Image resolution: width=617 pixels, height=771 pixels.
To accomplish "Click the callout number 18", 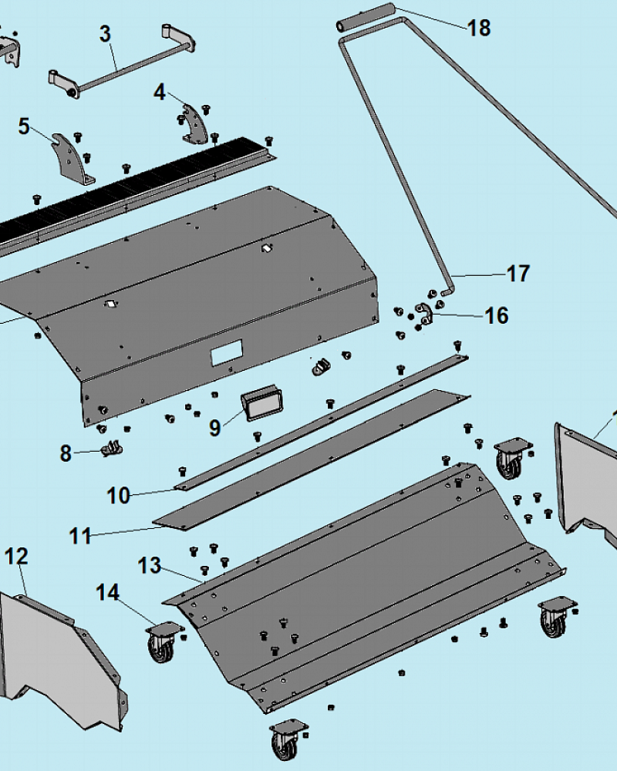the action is pos(479,28).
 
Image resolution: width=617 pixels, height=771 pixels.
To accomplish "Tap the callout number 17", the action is pos(518,274).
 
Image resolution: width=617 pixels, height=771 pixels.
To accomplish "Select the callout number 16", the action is pos(497,315).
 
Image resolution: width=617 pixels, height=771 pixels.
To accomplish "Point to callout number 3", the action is pos(105,34).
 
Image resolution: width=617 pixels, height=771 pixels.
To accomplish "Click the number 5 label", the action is pos(24,126).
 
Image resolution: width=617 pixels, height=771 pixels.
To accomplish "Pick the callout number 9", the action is pos(214,427).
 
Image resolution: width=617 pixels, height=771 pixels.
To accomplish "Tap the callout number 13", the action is pos(149,565).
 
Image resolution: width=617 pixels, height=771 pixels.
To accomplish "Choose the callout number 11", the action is pos(80,536).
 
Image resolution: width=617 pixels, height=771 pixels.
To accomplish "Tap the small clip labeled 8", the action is pos(112,449).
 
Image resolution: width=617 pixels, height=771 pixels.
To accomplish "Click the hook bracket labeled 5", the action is pos(74,158).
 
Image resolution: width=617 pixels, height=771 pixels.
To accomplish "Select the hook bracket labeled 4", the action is pos(195,124).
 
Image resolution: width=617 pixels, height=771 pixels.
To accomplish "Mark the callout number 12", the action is pos(16,556).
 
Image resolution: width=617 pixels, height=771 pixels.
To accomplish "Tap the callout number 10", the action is pos(118,496).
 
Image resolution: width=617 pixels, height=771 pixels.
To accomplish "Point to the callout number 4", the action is pos(160,93).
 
